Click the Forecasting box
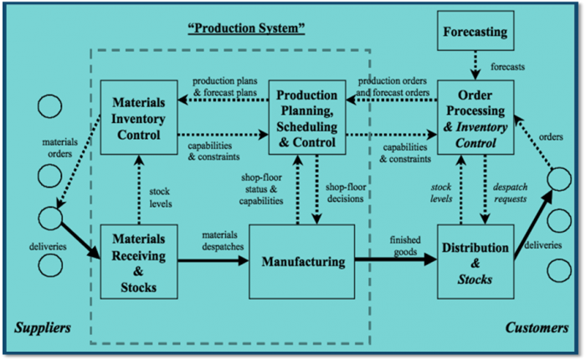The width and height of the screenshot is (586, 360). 475,35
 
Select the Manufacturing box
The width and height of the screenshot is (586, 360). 303,262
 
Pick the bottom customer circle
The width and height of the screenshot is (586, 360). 558,270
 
